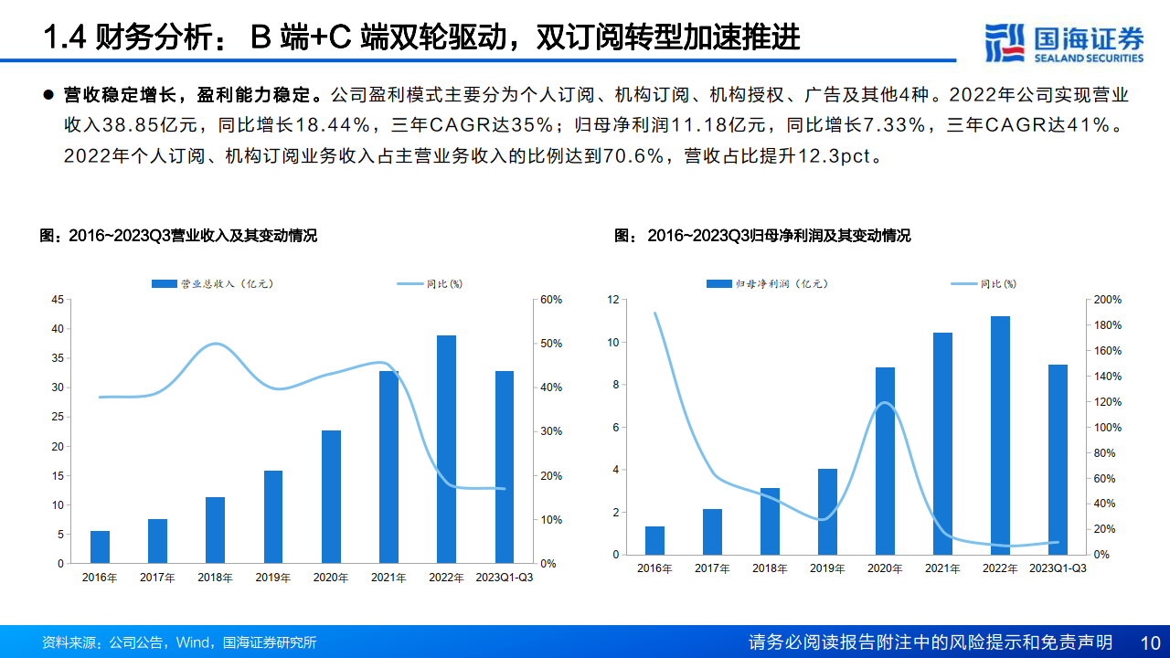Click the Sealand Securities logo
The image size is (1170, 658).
point(1063,43)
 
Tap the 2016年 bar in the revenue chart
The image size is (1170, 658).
point(100,547)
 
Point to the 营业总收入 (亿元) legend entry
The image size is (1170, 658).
point(213,284)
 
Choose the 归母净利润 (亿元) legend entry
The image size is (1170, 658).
point(768,284)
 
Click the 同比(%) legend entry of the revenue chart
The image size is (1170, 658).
point(430,284)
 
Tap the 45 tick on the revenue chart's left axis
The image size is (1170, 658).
point(58,300)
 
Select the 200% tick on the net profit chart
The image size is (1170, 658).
point(1108,300)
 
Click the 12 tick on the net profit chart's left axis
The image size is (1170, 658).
point(613,300)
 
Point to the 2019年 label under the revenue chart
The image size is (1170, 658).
point(273,578)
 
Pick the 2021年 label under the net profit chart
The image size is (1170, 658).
point(942,568)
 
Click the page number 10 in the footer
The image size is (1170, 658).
point(1150,642)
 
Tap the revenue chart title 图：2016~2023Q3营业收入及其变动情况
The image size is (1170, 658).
point(179,236)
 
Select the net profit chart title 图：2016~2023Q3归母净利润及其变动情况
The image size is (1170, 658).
point(762,236)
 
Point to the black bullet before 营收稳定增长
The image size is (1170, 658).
point(48,95)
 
